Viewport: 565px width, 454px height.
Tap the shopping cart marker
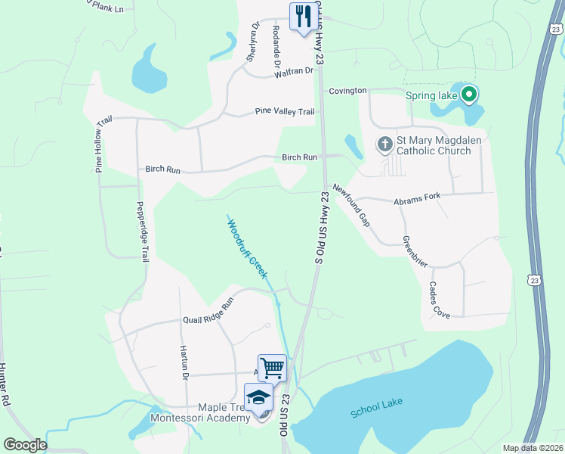point(272,368)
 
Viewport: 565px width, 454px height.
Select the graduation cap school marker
point(259,398)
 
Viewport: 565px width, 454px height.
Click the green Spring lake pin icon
point(468,95)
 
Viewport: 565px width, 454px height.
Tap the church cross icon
point(384,145)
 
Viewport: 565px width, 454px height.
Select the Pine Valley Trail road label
point(284,112)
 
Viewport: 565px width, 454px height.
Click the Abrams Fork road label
point(416,201)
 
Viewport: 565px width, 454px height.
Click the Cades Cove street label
point(439,300)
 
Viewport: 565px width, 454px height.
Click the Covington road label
point(347,91)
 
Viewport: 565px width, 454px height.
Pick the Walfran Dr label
point(295,70)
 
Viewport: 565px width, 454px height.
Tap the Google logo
point(25,445)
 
